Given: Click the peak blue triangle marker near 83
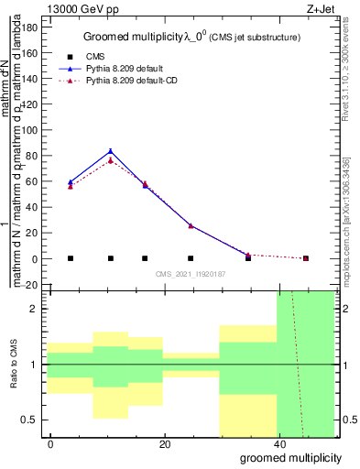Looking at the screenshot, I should click(x=111, y=151).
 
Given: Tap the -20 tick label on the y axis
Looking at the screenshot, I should click(x=29, y=285).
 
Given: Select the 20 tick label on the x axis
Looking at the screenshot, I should click(x=165, y=443).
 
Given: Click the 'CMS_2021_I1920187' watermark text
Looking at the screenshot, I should click(x=190, y=274).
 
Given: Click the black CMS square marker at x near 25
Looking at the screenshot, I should click(x=191, y=258).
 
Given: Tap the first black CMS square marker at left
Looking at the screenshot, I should click(x=71, y=258).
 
